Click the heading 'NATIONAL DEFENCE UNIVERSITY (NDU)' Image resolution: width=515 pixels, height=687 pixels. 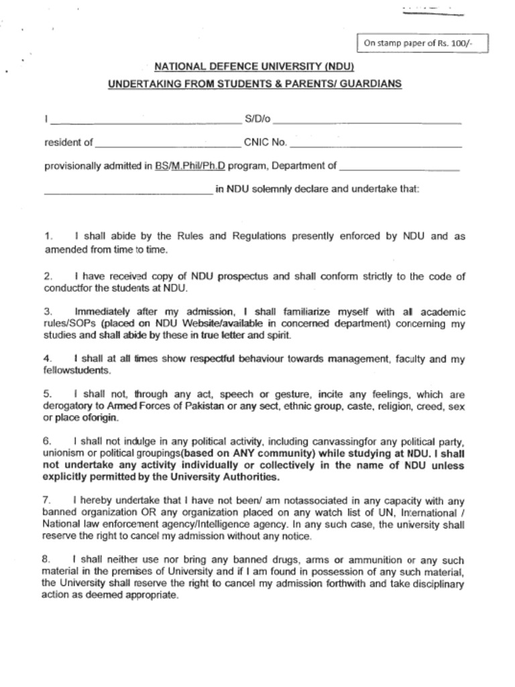(x=254, y=67)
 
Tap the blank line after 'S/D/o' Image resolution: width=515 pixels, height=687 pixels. (x=367, y=121)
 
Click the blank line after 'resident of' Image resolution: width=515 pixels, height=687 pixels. (x=168, y=143)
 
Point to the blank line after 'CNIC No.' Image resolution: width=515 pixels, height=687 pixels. (x=376, y=143)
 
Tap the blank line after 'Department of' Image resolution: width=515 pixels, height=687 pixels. (x=400, y=166)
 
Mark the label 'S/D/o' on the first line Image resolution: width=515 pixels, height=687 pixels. (x=257, y=119)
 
